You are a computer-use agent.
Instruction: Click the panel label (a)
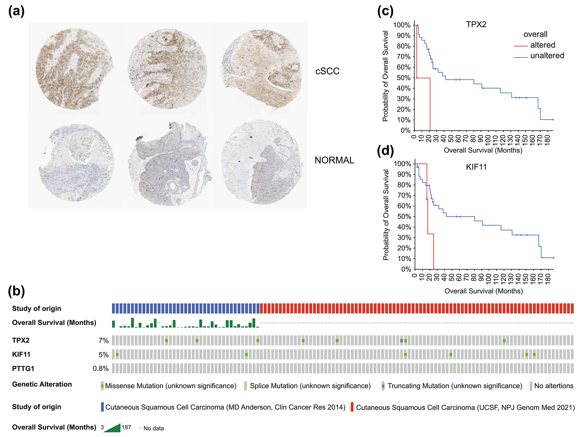click(16, 12)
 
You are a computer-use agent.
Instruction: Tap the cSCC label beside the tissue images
click(327, 71)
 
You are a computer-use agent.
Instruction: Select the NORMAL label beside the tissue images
click(334, 160)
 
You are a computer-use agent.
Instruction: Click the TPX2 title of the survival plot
click(476, 24)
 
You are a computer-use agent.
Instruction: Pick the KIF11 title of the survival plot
click(476, 167)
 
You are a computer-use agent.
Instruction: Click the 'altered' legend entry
click(542, 45)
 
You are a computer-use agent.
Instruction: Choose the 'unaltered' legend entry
click(547, 56)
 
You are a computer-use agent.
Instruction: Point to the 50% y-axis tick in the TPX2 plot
click(403, 78)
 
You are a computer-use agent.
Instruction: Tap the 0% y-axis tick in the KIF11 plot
click(406, 269)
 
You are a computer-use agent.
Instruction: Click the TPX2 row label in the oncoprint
click(21, 340)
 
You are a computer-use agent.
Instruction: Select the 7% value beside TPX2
click(103, 341)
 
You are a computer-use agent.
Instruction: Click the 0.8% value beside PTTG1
click(101, 369)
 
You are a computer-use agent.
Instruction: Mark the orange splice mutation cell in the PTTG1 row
click(451, 369)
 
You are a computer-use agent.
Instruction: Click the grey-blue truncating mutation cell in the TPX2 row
click(402, 341)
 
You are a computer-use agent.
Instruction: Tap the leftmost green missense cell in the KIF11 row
click(117, 354)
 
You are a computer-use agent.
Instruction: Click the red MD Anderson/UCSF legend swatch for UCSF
click(352, 407)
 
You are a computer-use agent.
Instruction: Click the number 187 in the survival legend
click(126, 427)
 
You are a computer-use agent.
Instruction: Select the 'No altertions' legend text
click(554, 386)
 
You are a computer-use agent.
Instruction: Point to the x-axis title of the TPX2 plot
click(483, 150)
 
